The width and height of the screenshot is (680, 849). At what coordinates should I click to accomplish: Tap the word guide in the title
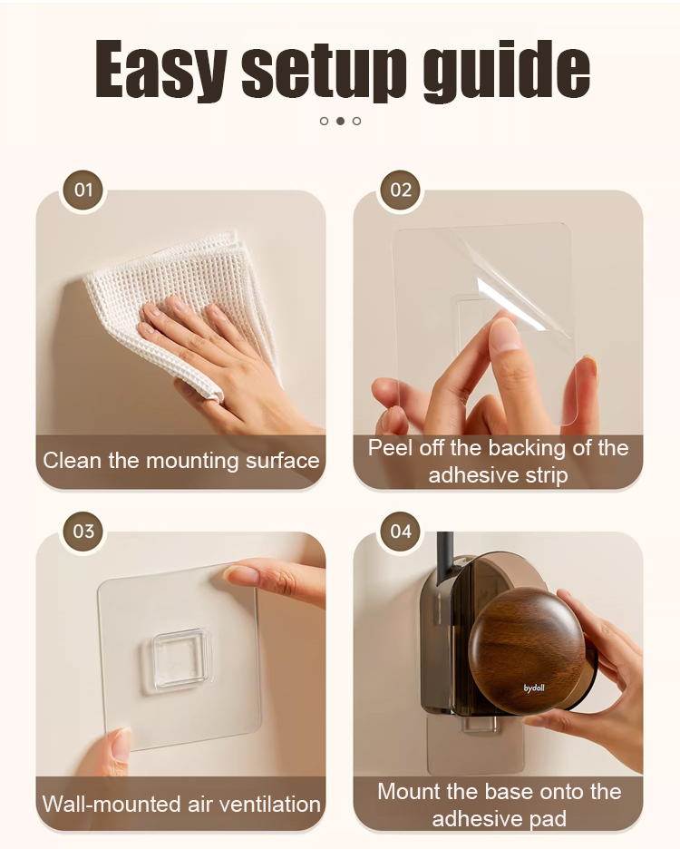[506, 71]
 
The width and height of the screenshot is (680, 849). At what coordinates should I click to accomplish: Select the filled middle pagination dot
[340, 121]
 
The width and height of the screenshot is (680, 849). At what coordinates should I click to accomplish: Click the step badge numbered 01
[83, 190]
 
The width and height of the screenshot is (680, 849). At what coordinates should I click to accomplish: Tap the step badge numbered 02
[401, 190]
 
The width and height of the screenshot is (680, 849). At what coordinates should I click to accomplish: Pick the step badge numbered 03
[83, 532]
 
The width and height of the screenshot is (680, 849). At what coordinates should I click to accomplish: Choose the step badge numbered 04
[401, 532]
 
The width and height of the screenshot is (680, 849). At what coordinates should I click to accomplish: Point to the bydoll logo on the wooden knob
[534, 688]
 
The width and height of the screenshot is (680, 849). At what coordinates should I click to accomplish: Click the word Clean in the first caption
[73, 461]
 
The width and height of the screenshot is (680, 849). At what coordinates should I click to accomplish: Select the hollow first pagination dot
[324, 121]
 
